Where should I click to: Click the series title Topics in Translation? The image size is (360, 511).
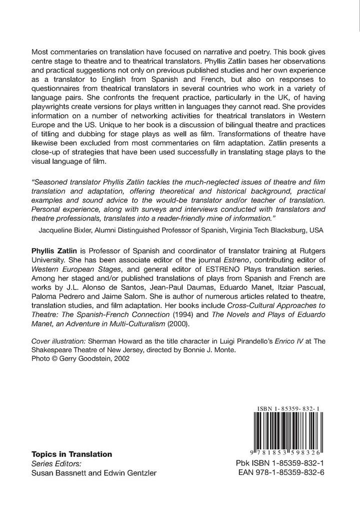tap(72, 454)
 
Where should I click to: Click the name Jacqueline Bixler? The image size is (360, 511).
tap(67, 230)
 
